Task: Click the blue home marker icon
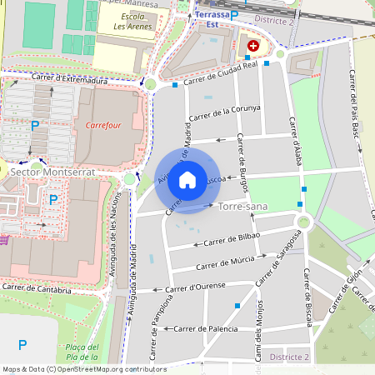point(187,180)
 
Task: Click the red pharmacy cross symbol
point(252,47)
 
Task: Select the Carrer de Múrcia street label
point(225,264)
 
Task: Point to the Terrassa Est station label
point(212,20)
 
